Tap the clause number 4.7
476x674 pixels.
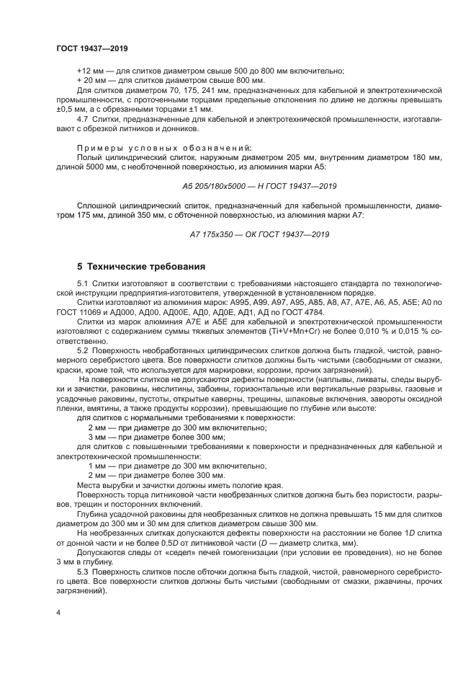[x=82, y=117]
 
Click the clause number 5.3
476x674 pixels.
[x=82, y=571]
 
